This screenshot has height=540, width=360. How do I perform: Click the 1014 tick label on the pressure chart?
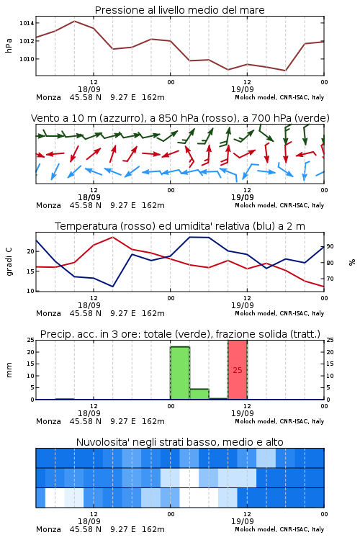coord(27,23)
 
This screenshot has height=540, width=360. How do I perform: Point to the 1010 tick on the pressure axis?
coord(27,59)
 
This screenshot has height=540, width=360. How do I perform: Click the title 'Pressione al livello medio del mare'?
coord(180,10)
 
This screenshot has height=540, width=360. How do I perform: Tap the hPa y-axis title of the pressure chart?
coord(9,45)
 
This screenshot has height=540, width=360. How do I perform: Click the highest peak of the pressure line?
coord(74,21)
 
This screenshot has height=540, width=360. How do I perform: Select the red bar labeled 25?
coord(238,370)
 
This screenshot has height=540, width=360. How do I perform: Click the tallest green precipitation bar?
coord(180,373)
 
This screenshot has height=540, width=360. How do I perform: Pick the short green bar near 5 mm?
coord(199,394)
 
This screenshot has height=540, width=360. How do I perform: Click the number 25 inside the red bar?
coord(238,370)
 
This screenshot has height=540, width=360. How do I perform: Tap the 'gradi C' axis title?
coord(9,261)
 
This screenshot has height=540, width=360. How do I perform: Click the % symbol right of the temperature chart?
coord(352,262)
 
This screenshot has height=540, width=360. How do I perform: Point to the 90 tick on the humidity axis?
coord(330,246)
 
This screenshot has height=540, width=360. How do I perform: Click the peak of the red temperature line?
coord(112,237)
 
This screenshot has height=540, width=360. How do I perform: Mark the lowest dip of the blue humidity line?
coord(112,286)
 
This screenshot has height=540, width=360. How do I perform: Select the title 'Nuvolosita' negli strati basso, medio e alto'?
coord(180,442)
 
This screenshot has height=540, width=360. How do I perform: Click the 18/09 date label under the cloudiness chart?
coord(89,521)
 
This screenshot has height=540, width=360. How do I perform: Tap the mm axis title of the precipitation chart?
coord(9,370)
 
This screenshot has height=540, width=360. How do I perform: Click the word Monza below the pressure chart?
coord(48,97)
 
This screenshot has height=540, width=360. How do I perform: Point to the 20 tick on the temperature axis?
coord(31,251)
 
